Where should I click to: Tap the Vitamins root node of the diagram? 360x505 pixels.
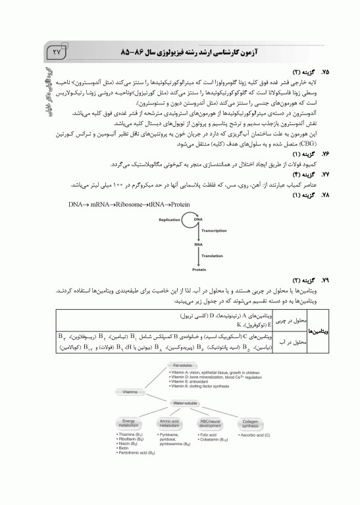[x=129, y=391]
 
